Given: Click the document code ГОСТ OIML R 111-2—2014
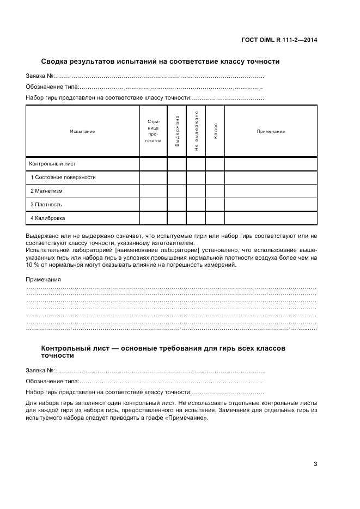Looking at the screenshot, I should (x=279, y=40).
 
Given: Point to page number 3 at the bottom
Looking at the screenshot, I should (x=315, y=464).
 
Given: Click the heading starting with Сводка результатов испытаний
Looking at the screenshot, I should (x=161, y=62).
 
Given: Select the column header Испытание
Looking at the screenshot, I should (x=82, y=131).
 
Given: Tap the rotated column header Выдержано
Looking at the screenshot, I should (x=177, y=131).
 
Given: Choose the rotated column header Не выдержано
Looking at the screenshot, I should (x=196, y=131).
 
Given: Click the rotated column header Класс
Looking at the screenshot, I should (x=215, y=131).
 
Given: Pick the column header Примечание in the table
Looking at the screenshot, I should (x=271, y=131).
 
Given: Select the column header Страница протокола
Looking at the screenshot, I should (x=153, y=131).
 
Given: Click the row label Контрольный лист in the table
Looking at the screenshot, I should (x=52, y=163).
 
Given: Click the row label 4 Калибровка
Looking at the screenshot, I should (x=47, y=218).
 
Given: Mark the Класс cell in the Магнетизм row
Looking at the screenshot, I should (x=215, y=191).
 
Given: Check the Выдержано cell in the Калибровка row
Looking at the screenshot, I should (x=177, y=218).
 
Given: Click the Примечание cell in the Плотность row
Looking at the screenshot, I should (x=271, y=204).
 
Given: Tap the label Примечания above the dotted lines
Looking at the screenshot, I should (x=43, y=279).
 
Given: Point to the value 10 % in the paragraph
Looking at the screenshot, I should (x=32, y=265).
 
